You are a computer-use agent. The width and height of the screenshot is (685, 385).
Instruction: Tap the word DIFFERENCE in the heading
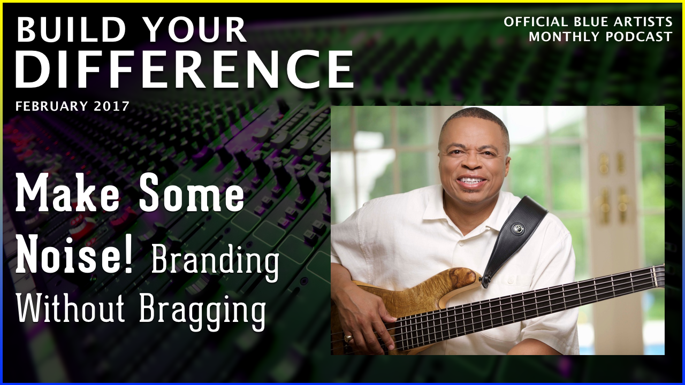[185, 69]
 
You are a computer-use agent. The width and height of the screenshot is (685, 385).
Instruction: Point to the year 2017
[112, 106]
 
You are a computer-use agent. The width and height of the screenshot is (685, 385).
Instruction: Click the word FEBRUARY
[52, 106]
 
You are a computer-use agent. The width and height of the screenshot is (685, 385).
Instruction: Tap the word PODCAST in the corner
[639, 37]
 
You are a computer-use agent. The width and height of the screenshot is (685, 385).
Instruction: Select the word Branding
[215, 262]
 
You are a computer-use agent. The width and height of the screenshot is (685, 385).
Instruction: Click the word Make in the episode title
[67, 193]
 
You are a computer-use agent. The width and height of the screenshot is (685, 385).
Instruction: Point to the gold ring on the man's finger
[348, 338]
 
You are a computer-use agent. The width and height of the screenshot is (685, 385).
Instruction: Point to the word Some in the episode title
[192, 193]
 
